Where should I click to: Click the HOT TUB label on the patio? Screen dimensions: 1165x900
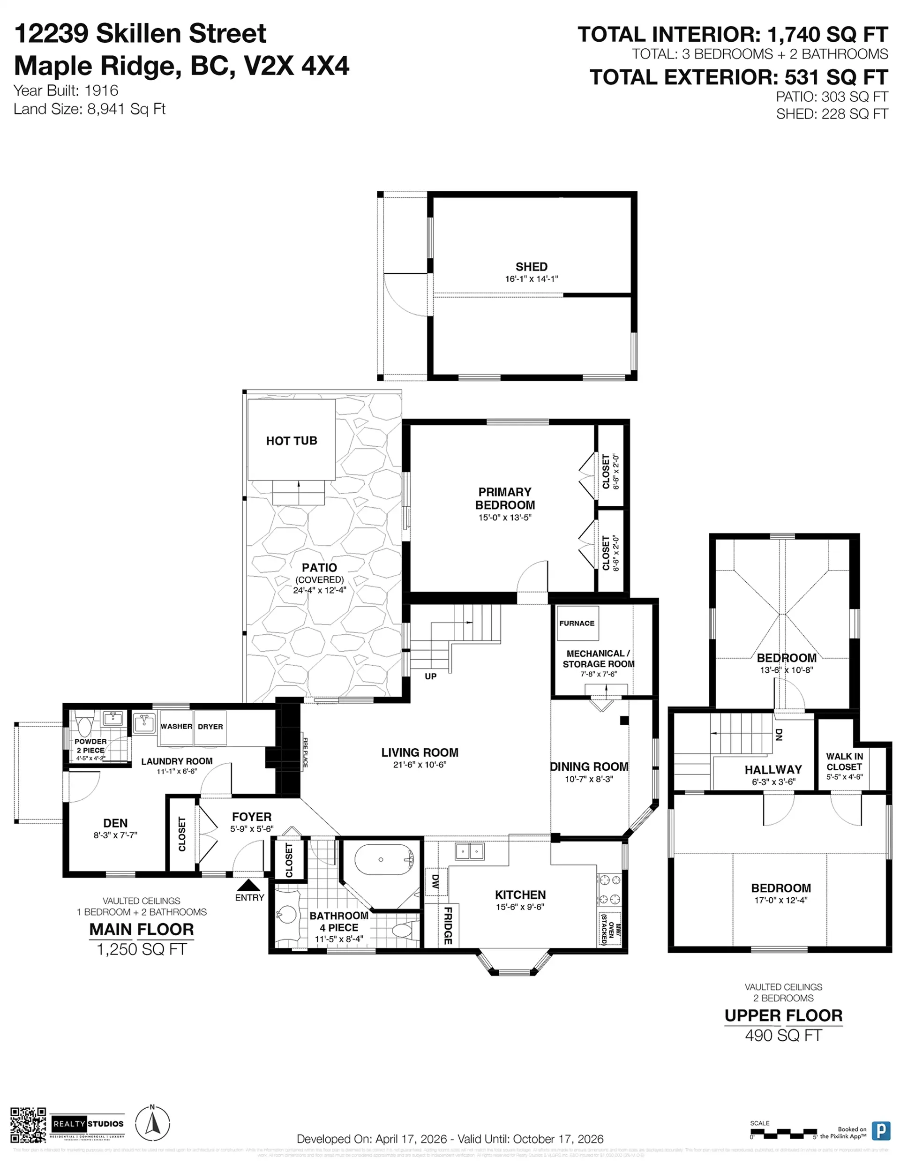tap(291, 441)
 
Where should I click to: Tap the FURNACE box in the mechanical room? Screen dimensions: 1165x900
tap(577, 623)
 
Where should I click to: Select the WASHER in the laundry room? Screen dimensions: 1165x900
tap(176, 727)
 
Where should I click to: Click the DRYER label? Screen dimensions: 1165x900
tap(210, 727)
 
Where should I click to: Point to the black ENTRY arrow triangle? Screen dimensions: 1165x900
tap(248, 885)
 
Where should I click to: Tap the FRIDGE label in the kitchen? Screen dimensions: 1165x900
tap(448, 925)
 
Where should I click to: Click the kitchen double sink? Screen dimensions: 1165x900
tap(470, 851)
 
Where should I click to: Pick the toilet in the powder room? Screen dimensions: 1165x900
tap(85, 725)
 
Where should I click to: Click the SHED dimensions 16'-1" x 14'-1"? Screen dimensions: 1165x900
tap(532, 279)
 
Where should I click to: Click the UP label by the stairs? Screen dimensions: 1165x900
tap(430, 676)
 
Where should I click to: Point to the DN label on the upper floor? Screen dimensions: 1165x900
tap(779, 735)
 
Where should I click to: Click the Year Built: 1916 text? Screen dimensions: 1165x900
tap(66, 90)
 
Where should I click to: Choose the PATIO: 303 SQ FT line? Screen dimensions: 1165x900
tap(831, 97)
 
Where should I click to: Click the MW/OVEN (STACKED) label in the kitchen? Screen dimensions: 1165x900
tap(609, 929)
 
